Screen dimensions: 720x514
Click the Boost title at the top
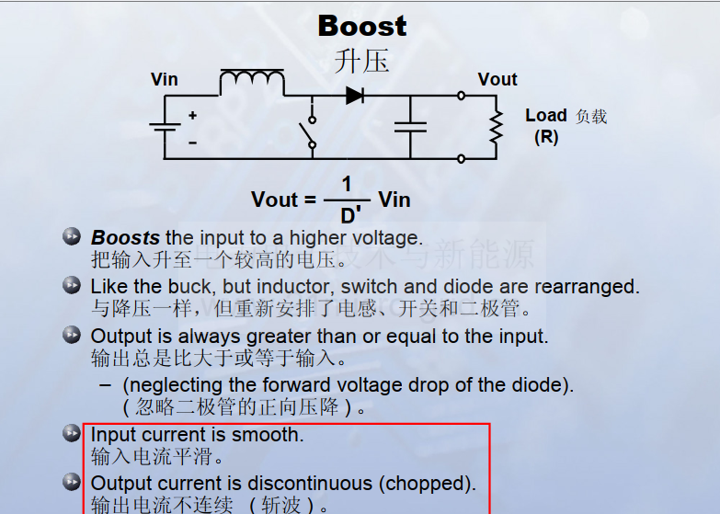(x=362, y=26)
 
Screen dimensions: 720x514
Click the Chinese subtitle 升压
(x=361, y=61)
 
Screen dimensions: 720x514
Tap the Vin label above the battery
(x=164, y=79)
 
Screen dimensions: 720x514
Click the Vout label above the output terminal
(x=497, y=79)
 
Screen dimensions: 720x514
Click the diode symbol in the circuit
(x=355, y=96)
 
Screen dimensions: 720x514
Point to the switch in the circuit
(x=309, y=132)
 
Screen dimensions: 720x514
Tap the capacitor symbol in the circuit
(x=410, y=127)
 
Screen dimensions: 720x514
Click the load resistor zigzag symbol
(x=497, y=127)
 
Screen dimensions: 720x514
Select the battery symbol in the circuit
(x=165, y=127)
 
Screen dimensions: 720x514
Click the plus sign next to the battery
(x=193, y=115)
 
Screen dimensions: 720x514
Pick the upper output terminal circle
(x=462, y=96)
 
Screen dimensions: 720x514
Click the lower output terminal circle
(x=462, y=159)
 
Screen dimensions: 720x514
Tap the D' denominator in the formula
(x=350, y=215)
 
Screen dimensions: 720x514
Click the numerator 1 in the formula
(x=347, y=184)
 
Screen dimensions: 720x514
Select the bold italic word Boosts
(x=125, y=238)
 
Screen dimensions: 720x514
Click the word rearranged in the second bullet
(x=587, y=287)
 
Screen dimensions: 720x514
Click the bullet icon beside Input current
(x=72, y=433)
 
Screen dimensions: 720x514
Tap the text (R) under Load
(x=546, y=137)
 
